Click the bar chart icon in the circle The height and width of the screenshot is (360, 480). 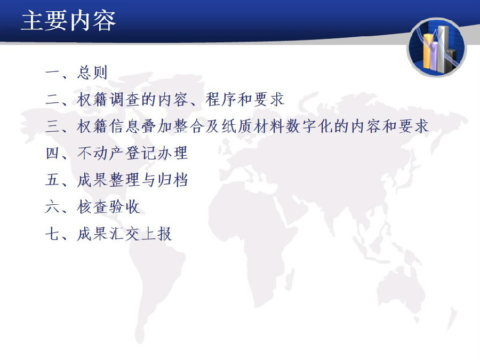437,48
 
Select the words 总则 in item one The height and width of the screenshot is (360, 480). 92,73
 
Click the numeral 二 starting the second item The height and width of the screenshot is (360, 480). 52,100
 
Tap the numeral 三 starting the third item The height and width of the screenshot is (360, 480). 52,126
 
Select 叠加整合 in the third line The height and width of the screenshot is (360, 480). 173,126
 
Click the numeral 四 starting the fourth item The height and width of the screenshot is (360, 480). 52,153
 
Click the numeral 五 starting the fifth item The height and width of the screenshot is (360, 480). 52,180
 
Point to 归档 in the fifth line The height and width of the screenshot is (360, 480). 173,180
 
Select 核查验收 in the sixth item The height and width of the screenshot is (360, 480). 108,207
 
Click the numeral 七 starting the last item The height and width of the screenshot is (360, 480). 52,234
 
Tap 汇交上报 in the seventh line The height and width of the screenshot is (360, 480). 140,234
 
